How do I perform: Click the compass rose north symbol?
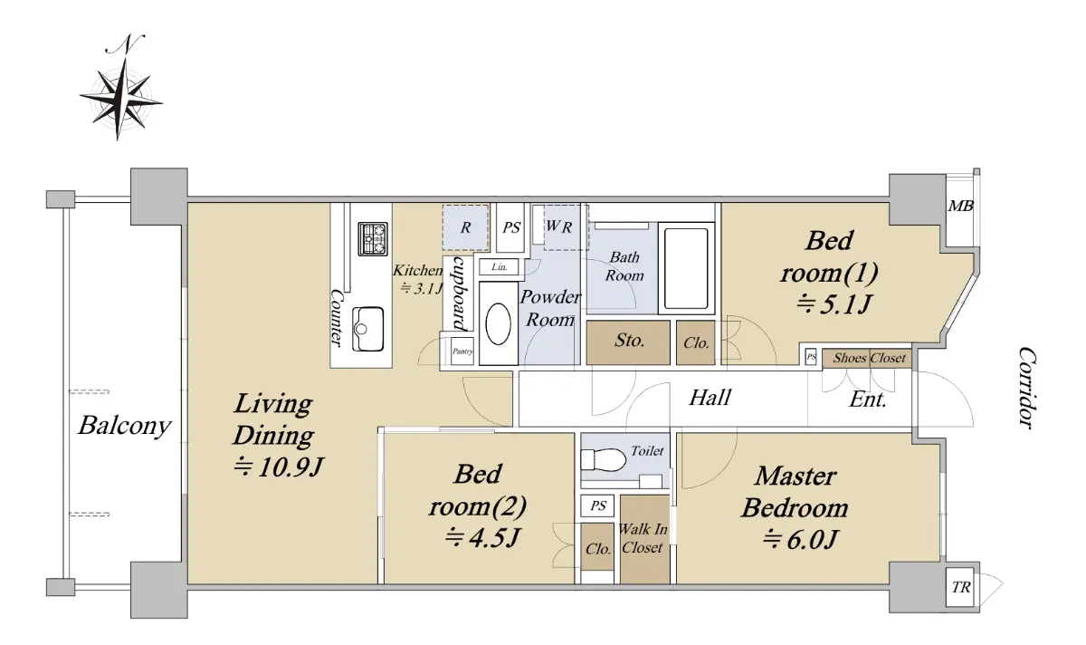point(121,89)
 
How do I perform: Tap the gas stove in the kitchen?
point(373,239)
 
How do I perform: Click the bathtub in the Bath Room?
point(686,268)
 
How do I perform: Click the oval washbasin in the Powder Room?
point(498,323)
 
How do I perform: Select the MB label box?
point(960,207)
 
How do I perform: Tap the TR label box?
point(960,588)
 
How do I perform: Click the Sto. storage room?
point(628,342)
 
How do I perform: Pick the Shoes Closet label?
point(869,358)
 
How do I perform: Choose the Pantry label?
point(462,351)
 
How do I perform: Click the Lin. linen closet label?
point(499,267)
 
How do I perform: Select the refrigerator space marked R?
point(465,227)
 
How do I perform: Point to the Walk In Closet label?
point(643,538)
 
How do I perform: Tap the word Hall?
point(710,398)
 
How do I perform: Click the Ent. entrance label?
point(868,400)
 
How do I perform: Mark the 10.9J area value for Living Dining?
point(279,467)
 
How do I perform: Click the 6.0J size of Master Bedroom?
point(800,539)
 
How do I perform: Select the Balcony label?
point(125,426)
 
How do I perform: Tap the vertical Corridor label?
point(1026,388)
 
